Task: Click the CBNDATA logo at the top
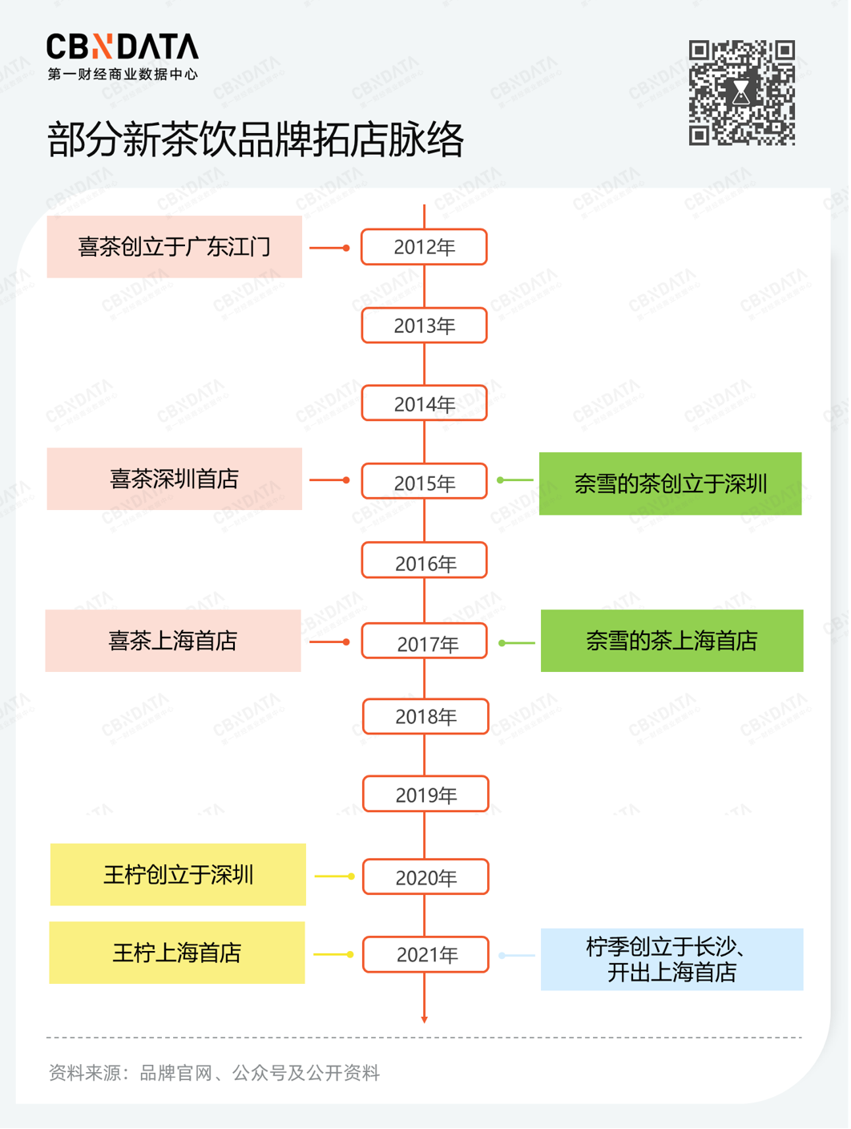click(122, 56)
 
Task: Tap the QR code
click(741, 93)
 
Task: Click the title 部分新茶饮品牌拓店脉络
click(256, 140)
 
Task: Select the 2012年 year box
click(424, 247)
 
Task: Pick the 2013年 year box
click(424, 326)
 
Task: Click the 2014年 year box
click(424, 404)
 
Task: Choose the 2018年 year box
click(425, 717)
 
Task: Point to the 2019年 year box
click(425, 795)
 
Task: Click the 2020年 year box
click(425, 877)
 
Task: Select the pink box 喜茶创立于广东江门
click(174, 247)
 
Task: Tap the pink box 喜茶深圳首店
click(174, 479)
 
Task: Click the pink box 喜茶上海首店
click(173, 641)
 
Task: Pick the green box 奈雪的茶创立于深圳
click(670, 484)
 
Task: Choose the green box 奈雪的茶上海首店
click(672, 641)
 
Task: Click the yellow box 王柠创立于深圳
click(178, 875)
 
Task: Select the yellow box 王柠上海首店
click(177, 953)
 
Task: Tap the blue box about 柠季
click(672, 959)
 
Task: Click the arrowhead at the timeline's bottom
click(425, 1019)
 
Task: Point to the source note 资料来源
click(214, 1073)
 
